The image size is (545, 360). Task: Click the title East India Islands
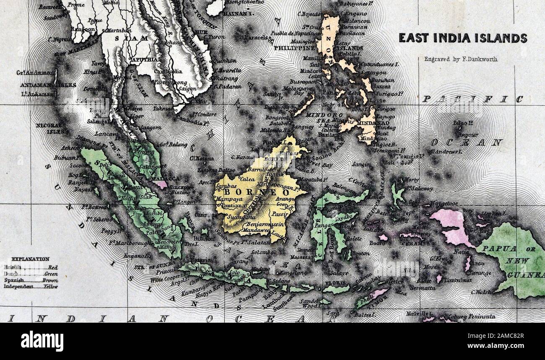462,38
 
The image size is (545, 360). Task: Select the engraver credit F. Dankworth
461,60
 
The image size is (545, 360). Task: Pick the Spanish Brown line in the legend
31,280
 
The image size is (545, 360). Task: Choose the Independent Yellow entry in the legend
31,287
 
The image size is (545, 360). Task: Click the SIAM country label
131,38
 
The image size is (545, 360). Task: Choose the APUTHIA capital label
145,60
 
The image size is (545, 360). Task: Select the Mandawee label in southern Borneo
257,230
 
